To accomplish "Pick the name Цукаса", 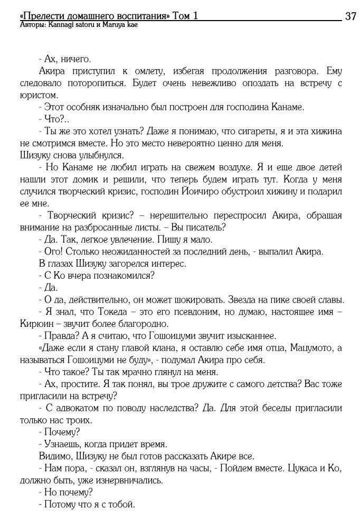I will point(294,468).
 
